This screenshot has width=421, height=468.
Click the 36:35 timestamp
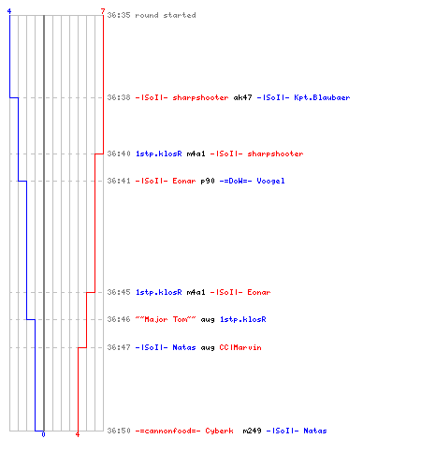tap(119, 15)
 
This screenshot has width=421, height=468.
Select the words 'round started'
tap(166, 15)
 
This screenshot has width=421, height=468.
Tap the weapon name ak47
tap(242, 97)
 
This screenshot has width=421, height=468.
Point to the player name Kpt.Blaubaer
tap(322, 97)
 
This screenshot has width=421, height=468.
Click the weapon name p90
tap(208, 181)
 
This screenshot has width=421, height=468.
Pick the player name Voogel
tap(270, 181)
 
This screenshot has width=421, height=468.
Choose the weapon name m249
tap(252, 431)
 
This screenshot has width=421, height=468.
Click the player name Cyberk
tap(219, 431)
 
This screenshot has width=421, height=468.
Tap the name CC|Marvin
tap(240, 347)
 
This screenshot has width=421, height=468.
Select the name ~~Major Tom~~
tap(166, 319)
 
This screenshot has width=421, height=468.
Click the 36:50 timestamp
tap(119, 431)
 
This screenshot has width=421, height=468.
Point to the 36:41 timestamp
tap(119, 181)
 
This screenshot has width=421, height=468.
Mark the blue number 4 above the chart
tap(9, 11)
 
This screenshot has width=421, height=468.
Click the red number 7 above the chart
tap(103, 11)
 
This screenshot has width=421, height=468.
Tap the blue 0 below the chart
tap(43, 434)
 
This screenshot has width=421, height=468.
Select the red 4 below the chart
tap(78, 434)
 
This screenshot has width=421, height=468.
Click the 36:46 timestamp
tap(119, 319)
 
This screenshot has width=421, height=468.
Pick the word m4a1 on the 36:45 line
tap(196, 292)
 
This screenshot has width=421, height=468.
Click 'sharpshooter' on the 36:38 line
tap(200, 97)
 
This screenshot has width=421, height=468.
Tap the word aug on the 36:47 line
tap(208, 348)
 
